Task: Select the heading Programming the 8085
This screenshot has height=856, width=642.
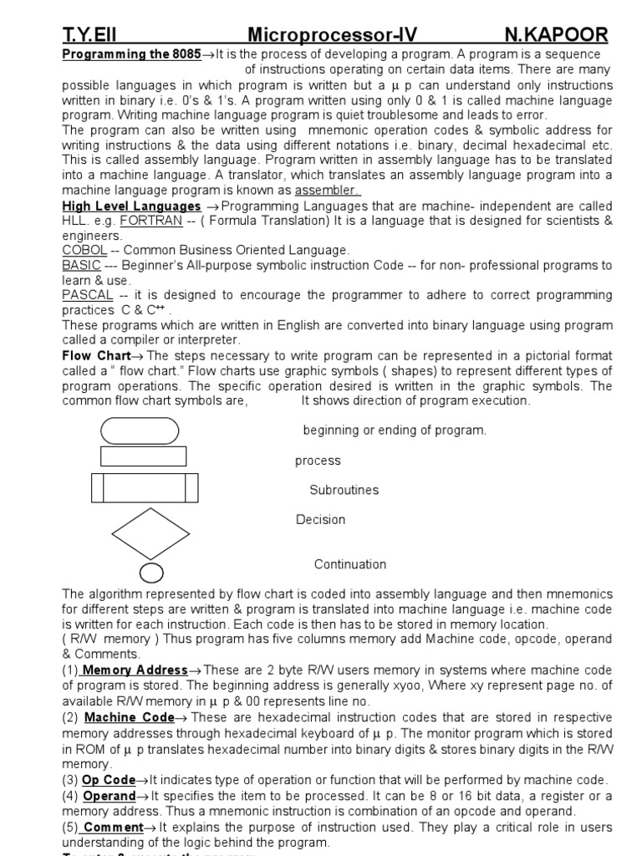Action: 131,54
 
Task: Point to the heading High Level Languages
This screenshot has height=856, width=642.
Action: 131,206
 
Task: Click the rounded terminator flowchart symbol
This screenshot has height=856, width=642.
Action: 139,430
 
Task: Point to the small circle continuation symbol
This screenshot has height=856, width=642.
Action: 151,573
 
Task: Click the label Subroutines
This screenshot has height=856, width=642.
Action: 344,490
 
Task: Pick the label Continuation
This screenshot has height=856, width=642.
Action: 349,564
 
